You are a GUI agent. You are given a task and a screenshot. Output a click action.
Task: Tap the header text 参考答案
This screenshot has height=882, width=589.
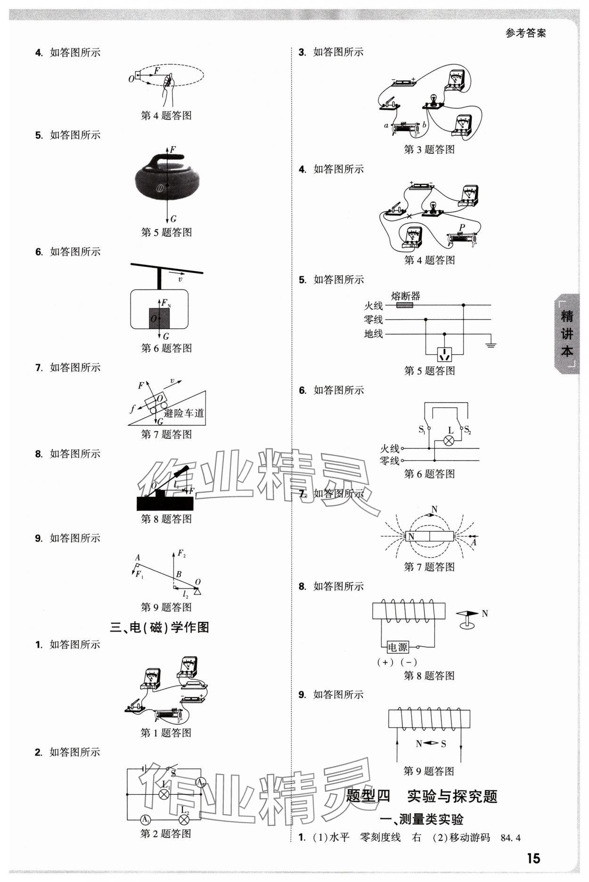click(525, 33)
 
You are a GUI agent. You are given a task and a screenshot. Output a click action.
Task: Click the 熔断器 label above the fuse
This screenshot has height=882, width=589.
click(405, 296)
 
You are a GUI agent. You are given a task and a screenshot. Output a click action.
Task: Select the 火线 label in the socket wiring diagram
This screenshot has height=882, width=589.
click(373, 305)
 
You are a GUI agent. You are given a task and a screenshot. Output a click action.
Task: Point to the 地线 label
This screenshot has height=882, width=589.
click(373, 334)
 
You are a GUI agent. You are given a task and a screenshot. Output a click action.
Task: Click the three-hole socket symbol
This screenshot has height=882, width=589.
click(444, 354)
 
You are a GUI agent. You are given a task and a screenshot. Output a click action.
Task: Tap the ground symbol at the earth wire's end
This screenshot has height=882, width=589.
click(491, 345)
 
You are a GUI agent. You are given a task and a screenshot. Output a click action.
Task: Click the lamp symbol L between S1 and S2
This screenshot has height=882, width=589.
click(450, 440)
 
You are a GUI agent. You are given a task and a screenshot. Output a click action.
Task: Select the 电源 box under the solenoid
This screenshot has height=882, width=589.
click(397, 647)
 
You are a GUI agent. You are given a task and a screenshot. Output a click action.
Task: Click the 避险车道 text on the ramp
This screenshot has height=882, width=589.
click(184, 413)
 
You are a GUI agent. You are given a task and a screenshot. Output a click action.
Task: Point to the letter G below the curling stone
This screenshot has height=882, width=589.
click(173, 219)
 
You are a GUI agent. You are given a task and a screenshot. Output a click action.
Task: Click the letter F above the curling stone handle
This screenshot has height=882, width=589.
click(172, 149)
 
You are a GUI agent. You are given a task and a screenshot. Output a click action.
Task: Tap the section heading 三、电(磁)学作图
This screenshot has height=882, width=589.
click(159, 627)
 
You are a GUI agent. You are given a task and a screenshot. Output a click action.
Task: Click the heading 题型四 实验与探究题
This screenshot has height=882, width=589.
click(422, 796)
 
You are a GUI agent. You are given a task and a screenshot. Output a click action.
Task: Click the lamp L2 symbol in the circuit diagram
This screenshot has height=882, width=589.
click(184, 819)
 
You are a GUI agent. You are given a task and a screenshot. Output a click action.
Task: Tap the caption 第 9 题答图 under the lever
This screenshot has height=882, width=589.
click(166, 607)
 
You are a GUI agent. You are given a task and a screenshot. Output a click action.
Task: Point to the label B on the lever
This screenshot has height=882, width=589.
click(179, 575)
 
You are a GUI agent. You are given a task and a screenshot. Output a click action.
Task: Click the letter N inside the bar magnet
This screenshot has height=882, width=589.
click(411, 536)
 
